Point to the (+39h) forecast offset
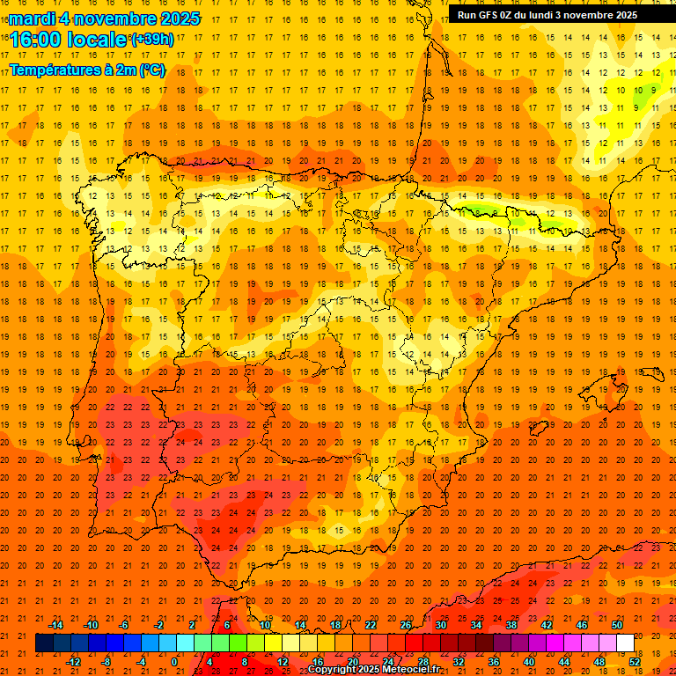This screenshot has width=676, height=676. click(151, 39)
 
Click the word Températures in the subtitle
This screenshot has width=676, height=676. click(55, 70)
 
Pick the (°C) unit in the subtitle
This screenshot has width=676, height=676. click(151, 70)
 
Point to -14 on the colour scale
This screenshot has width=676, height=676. click(56, 625)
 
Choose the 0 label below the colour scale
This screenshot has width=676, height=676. click(174, 661)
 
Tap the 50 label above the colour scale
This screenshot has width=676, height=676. click(616, 625)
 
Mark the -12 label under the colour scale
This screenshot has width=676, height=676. click(74, 661)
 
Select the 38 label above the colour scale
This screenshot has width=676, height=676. click(511, 625)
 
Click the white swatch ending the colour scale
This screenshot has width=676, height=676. click(625, 643)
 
